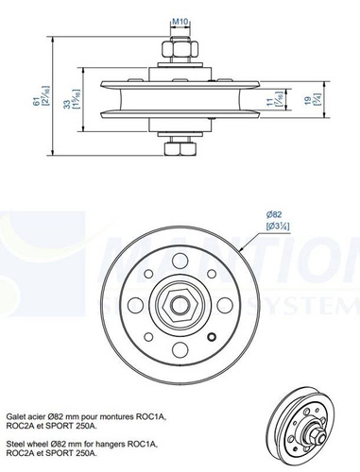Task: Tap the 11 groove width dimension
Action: click(x=267, y=98)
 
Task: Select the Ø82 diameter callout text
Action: click(x=272, y=215)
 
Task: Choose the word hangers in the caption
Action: click(x=119, y=442)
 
